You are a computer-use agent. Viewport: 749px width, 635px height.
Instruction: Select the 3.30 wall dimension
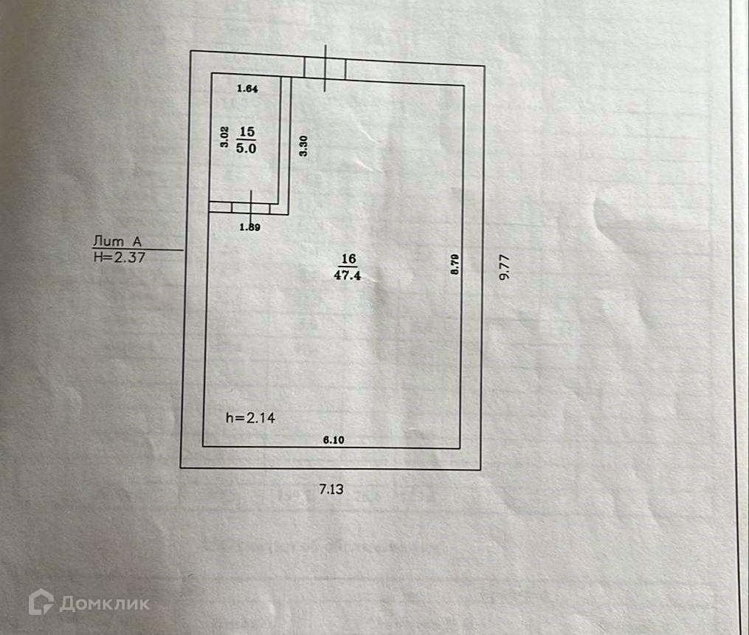point(303,143)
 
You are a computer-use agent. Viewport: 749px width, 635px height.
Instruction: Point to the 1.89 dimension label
point(249,227)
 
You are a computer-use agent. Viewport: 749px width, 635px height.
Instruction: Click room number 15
point(246,131)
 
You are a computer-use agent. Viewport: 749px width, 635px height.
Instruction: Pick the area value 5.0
point(246,146)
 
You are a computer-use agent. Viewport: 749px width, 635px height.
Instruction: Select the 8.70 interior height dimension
point(455,264)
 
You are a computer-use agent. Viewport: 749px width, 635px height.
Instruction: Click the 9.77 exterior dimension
point(504,266)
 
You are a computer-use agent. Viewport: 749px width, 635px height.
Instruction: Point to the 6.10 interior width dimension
point(333,440)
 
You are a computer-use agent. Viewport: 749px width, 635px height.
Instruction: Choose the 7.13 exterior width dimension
point(331,488)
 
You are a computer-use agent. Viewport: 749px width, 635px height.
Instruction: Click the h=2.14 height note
point(250,418)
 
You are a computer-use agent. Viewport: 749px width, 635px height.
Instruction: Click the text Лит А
point(117,240)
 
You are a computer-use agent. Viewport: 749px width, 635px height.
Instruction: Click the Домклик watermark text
point(105,603)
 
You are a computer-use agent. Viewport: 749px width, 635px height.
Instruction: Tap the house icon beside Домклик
point(41,602)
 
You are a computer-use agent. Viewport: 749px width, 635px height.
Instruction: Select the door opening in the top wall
point(325,69)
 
